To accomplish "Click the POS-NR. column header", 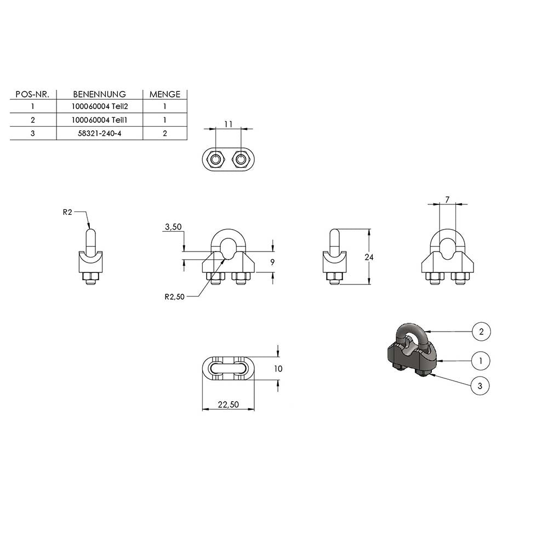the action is [32, 94].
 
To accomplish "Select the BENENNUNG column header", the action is [100, 94].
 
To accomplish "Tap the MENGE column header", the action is [165, 94].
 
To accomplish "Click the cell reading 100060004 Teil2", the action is [100, 106].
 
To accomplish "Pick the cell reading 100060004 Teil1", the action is [100, 120].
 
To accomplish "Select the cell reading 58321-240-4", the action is [100, 133].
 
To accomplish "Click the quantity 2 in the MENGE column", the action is [165, 133].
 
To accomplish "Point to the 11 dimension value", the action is [228, 124].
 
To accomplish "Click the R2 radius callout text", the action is [67, 212].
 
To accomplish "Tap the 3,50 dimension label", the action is [173, 227].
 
